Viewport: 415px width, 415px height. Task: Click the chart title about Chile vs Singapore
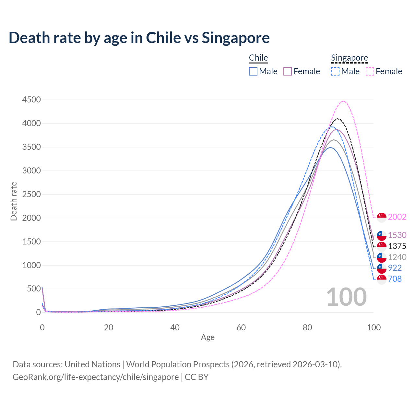(x=139, y=38)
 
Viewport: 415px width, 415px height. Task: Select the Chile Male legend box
(x=253, y=71)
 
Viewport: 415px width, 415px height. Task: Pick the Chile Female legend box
(x=288, y=71)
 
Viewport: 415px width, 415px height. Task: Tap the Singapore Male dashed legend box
(x=335, y=71)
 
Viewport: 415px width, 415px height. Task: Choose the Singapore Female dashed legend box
(x=370, y=71)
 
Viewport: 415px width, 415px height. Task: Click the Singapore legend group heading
(x=350, y=58)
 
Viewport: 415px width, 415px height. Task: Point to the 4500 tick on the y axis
(x=31, y=100)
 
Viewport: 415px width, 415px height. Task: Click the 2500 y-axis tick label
(x=31, y=194)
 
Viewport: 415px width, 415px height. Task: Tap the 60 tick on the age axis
(x=241, y=327)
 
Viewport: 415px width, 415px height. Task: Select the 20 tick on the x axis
(x=109, y=327)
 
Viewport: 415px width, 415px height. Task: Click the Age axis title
(x=207, y=338)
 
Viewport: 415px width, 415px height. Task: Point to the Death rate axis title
(x=14, y=201)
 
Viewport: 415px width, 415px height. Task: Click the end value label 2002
(x=397, y=217)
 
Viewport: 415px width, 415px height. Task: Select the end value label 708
(x=395, y=279)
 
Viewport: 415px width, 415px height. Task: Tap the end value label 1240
(x=397, y=257)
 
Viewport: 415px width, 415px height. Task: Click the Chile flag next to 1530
(x=382, y=235)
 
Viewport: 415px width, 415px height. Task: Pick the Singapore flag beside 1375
(x=382, y=246)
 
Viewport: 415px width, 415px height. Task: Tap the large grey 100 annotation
(x=346, y=297)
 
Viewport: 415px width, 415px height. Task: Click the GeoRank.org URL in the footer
(x=96, y=377)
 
